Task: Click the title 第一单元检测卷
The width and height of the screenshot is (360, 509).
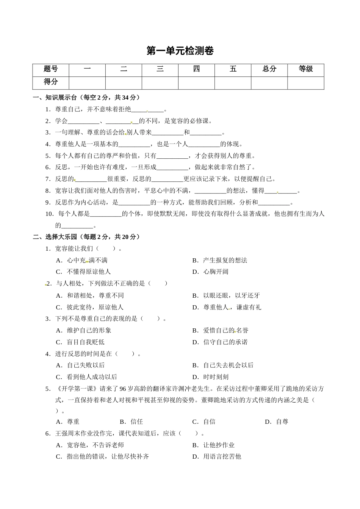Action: tap(180, 51)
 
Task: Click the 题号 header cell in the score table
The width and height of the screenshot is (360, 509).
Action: tap(51, 69)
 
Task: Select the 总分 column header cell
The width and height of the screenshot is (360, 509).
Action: tap(269, 69)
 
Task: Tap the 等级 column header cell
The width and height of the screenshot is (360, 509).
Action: tap(306, 69)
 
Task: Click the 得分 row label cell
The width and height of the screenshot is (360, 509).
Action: tap(51, 82)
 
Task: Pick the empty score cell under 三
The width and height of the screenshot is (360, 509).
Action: tap(160, 83)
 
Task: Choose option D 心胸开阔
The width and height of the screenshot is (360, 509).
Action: tap(215, 272)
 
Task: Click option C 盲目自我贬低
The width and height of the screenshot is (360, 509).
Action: tap(85, 342)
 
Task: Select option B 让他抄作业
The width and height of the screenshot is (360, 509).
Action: tap(219, 445)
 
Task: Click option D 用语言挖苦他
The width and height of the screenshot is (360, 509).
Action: tap(222, 457)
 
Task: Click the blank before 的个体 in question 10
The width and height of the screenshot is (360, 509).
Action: tap(106, 214)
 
